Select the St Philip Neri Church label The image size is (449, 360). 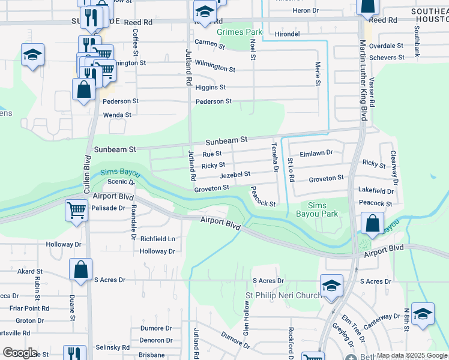pyautogui.click(x=285, y=295)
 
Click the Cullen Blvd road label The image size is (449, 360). pyautogui.click(x=87, y=174)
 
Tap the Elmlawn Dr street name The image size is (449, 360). pyautogui.click(x=316, y=153)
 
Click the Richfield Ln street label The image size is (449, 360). pyautogui.click(x=157, y=238)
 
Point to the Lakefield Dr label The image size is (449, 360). pyautogui.click(x=376, y=191)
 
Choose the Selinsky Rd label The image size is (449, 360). pyautogui.click(x=113, y=347)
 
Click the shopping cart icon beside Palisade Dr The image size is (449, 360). pyautogui.click(x=77, y=211)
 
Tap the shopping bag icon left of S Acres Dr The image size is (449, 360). pyautogui.click(x=80, y=270)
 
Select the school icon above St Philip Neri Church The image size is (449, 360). pyautogui.click(x=331, y=284)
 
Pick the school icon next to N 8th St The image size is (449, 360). pyautogui.click(x=423, y=314)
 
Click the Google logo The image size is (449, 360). pyautogui.click(x=19, y=353)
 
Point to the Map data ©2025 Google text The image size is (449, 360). pyautogui.click(x=411, y=355)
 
